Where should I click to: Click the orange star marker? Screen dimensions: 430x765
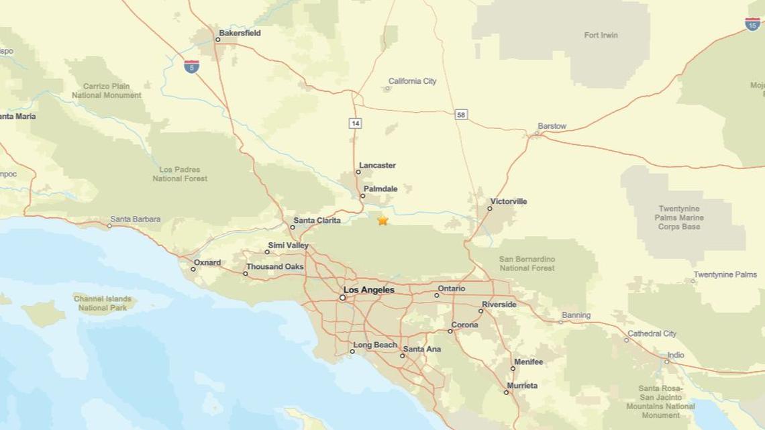tap(382, 220)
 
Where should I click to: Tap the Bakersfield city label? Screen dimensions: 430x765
tap(240, 33)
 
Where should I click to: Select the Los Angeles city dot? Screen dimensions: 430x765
tap(342, 297)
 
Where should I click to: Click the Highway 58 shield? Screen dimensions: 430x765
tap(461, 115)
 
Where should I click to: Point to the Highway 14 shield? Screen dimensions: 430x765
tap(355, 123)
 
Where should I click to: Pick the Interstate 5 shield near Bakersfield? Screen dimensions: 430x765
tap(191, 66)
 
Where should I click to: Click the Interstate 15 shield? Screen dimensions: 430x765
tap(752, 23)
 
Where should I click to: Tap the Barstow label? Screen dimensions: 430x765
tap(552, 126)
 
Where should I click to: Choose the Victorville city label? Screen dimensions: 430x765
tap(508, 201)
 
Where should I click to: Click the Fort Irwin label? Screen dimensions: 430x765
tap(601, 35)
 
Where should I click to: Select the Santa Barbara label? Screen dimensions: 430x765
tap(136, 219)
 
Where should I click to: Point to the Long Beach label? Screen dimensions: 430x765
tap(375, 345)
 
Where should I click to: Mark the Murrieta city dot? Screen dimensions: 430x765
tap(506, 392)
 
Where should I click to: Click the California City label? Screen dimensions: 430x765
tap(412, 81)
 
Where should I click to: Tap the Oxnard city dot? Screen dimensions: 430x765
tap(193, 269)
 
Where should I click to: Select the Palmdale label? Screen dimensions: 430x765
tap(380, 189)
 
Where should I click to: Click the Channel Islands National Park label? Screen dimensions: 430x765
tap(103, 303)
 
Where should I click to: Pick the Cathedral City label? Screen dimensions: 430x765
tap(652, 333)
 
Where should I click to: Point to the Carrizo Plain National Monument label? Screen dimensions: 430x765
tap(107, 91)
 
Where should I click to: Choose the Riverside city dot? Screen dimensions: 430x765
tap(481, 311)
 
